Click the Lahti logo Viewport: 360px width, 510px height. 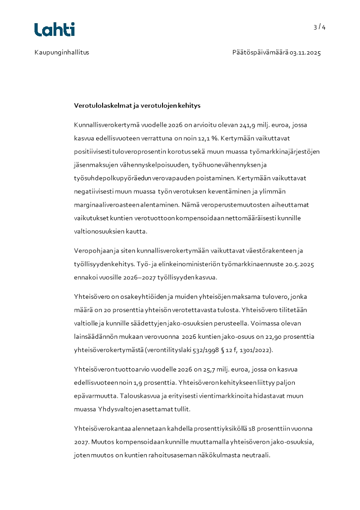[x=54, y=30]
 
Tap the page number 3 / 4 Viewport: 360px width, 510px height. [x=319, y=27]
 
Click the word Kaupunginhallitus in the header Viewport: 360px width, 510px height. [x=62, y=52]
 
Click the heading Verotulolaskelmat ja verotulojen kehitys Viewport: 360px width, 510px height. [x=137, y=105]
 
